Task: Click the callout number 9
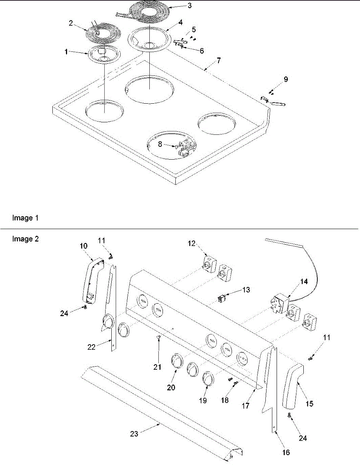[x=286, y=80]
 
